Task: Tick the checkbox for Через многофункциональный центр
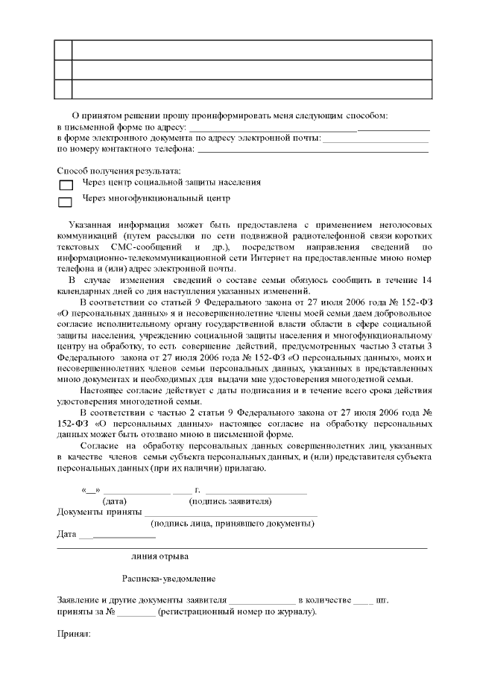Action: pyautogui.click(x=65, y=201)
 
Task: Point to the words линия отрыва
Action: pyautogui.click(x=159, y=556)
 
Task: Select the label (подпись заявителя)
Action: pyautogui.click(x=228, y=501)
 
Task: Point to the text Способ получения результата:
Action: pyautogui.click(x=119, y=172)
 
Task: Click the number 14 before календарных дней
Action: pyautogui.click(x=426, y=280)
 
